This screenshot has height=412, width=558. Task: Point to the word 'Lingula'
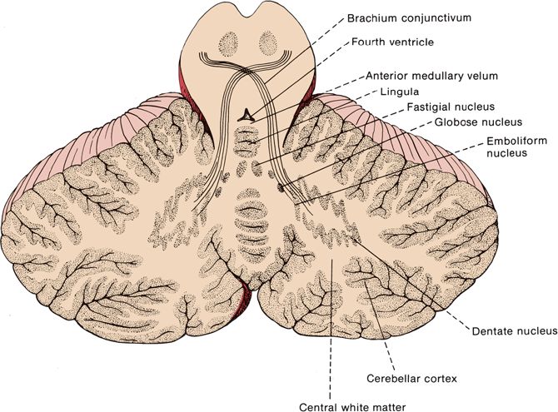(400, 91)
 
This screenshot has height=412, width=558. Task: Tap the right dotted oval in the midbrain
(268, 41)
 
